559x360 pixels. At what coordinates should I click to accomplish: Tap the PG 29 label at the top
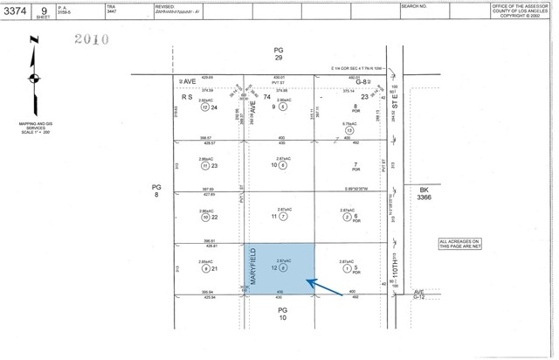[279, 52]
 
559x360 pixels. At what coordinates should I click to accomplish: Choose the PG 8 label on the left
[157, 191]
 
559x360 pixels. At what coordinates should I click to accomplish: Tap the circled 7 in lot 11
[284, 216]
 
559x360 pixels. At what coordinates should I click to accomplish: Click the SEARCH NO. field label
[414, 6]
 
